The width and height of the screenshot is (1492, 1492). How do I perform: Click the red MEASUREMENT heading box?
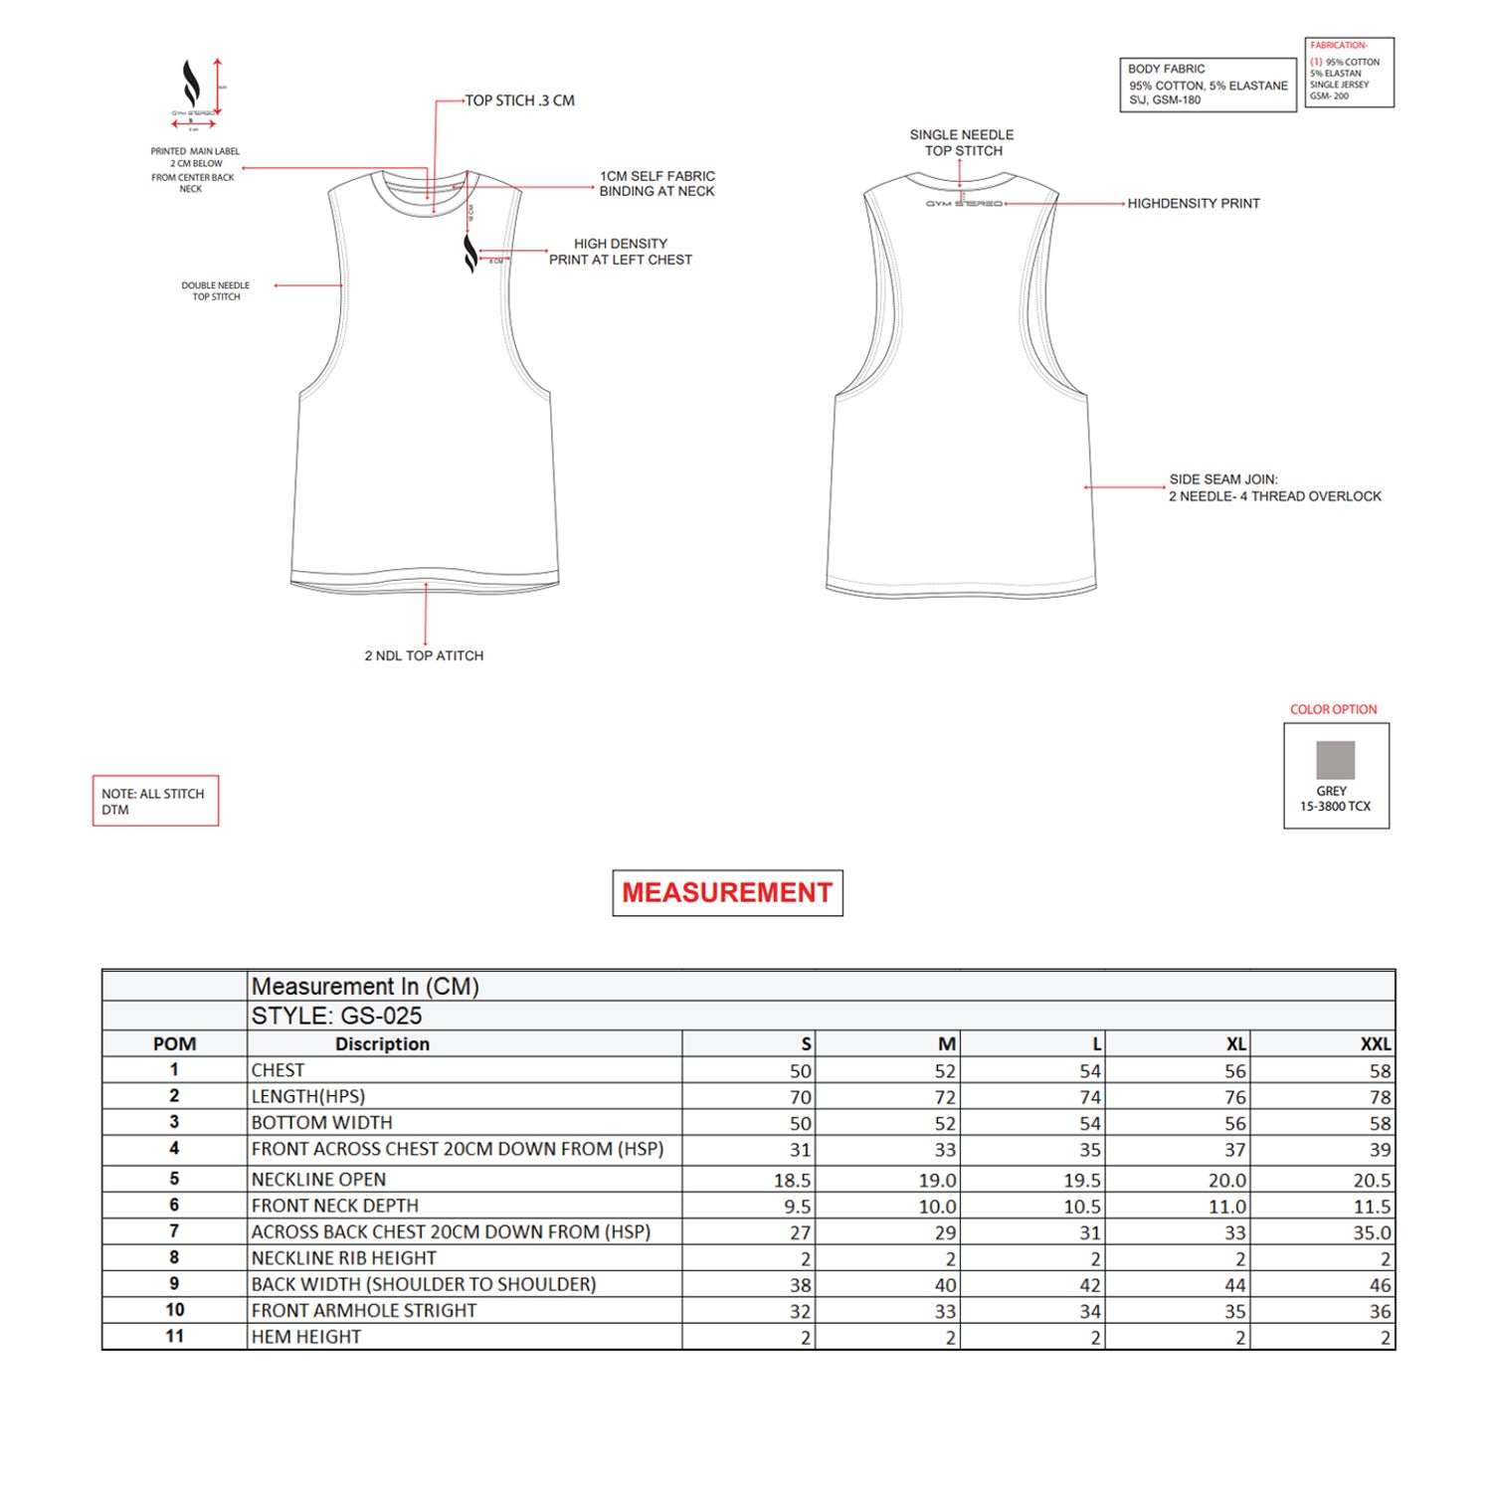point(727,892)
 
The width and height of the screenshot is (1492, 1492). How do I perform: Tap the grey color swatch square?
point(1335,760)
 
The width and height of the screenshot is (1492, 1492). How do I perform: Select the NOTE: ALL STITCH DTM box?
point(155,801)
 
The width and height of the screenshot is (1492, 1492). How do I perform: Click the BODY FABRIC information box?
point(1208,85)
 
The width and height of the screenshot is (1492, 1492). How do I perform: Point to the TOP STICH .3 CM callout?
point(519,100)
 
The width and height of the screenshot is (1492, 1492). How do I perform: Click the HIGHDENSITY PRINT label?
point(1193,203)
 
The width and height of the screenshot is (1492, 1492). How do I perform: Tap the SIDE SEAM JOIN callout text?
point(1274,487)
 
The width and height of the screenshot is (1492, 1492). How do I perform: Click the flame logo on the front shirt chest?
point(470,253)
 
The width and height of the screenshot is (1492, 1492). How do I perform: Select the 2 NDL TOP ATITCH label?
point(424,655)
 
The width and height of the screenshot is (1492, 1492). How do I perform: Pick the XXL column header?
point(1375,1043)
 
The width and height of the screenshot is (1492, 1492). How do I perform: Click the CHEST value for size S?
point(800,1070)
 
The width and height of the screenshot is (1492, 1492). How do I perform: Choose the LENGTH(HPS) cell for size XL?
point(1234,1096)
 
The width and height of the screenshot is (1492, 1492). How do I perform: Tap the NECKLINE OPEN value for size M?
point(937,1180)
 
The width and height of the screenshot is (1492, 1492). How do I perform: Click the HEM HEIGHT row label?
point(306,1337)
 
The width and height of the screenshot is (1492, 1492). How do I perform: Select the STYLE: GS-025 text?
point(336,1016)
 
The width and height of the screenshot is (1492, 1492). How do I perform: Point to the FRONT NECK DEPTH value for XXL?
point(1372,1207)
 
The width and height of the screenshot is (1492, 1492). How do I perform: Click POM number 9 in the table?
point(174,1283)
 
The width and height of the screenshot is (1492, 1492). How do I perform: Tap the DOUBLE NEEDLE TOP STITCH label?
point(216,290)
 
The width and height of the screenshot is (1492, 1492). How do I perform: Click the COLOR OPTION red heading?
point(1333,709)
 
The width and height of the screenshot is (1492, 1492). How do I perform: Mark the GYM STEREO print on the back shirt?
point(963,204)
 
